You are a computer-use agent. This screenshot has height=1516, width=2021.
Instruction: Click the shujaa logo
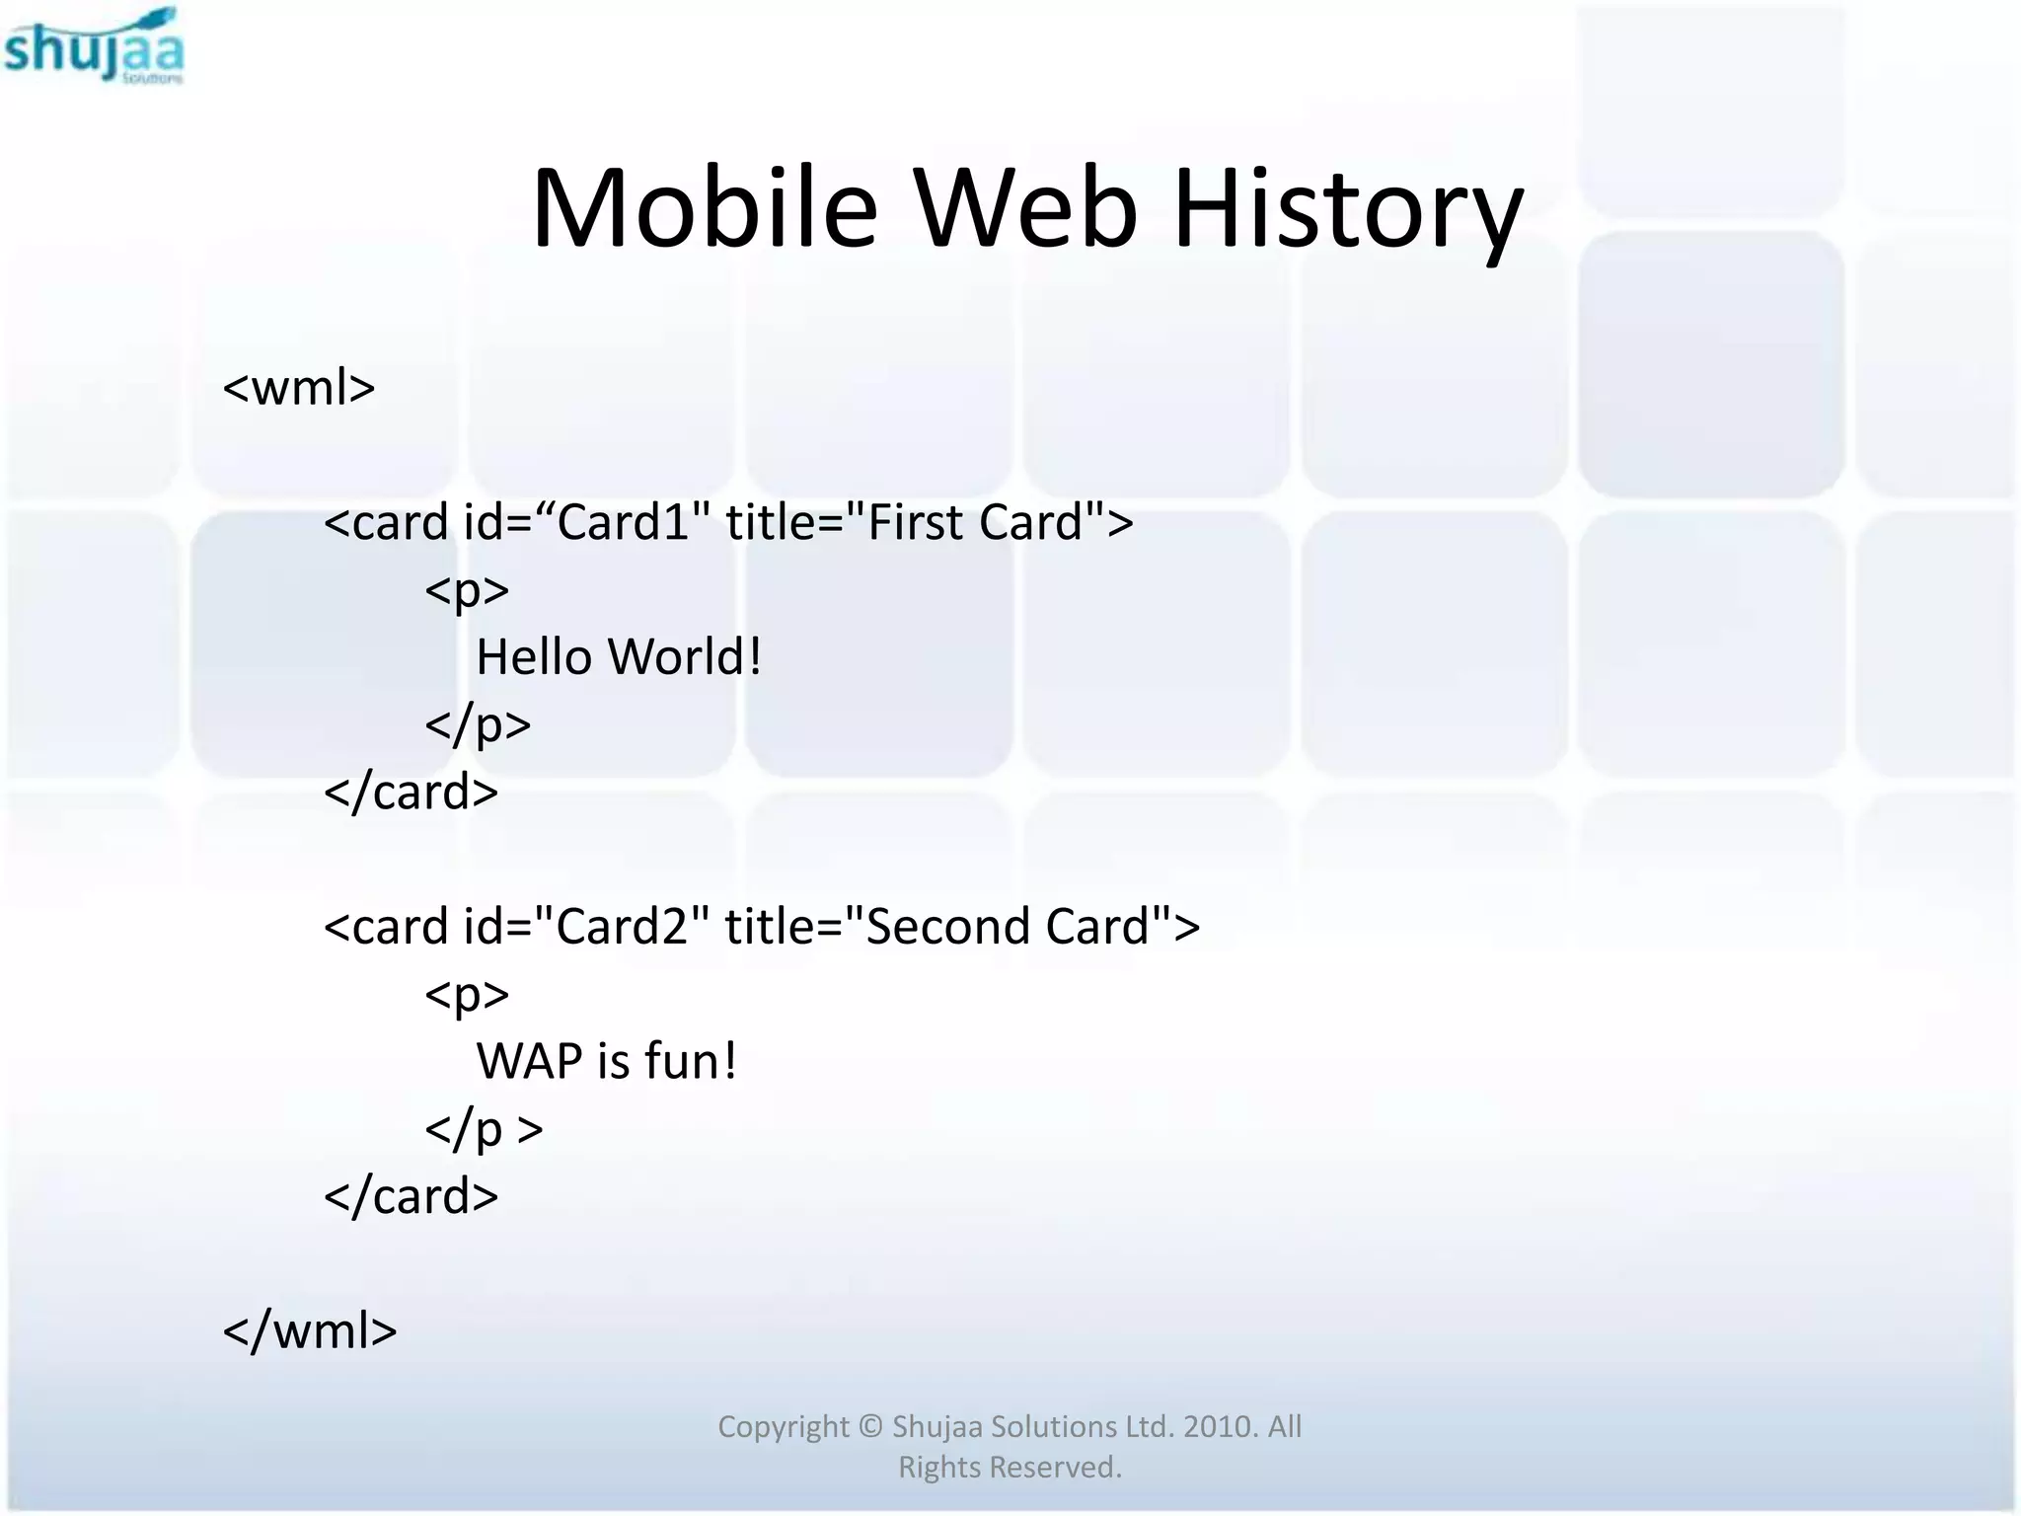click(x=94, y=47)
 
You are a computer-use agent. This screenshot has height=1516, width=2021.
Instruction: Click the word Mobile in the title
click(x=704, y=209)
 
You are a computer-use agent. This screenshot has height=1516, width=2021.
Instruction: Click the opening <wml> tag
click(x=299, y=387)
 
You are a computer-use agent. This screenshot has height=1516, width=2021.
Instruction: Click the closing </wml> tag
click(x=310, y=1330)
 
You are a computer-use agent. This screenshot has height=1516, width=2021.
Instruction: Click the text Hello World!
click(x=619, y=657)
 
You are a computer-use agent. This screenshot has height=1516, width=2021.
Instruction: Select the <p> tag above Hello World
click(x=467, y=590)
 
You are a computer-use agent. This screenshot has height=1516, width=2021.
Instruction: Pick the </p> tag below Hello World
click(x=478, y=725)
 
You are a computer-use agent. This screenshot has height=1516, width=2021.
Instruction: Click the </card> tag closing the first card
click(x=411, y=793)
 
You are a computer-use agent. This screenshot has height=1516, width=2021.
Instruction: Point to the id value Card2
click(x=623, y=927)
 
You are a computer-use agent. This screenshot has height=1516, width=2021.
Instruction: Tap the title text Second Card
click(x=1008, y=927)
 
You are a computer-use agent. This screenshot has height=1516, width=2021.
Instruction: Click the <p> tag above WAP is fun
click(x=467, y=994)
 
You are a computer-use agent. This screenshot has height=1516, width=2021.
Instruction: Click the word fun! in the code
click(x=691, y=1062)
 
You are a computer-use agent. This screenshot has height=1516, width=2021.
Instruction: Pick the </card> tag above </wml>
click(x=411, y=1196)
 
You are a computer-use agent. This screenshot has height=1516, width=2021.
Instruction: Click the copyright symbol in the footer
click(x=869, y=1427)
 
